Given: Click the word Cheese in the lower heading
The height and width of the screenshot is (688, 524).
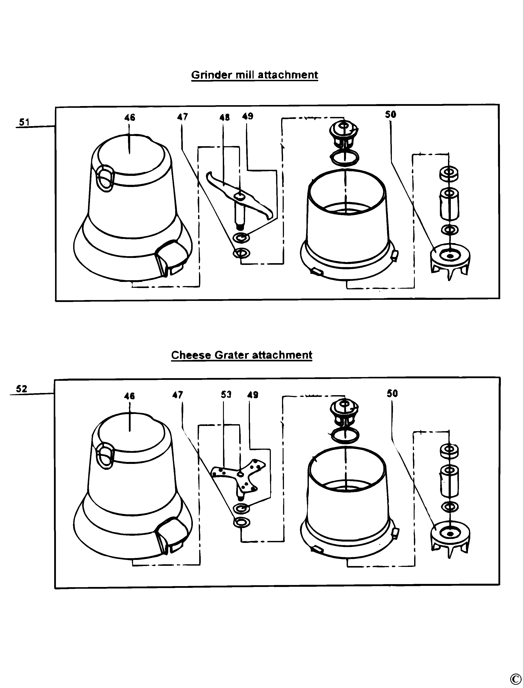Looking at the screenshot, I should [x=191, y=355].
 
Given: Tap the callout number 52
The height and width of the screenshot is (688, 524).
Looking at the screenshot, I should [x=22, y=389].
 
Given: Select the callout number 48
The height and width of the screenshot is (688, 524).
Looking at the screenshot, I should [x=225, y=117].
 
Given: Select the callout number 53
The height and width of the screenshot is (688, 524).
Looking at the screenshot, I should [x=226, y=395].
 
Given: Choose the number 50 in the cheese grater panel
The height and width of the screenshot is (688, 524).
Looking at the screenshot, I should [x=392, y=394].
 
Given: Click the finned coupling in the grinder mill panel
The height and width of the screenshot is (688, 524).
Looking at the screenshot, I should [x=450, y=260].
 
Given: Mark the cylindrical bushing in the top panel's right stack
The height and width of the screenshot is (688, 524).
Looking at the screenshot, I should [x=449, y=204].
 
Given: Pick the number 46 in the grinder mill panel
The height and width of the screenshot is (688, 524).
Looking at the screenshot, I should [x=130, y=117].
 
